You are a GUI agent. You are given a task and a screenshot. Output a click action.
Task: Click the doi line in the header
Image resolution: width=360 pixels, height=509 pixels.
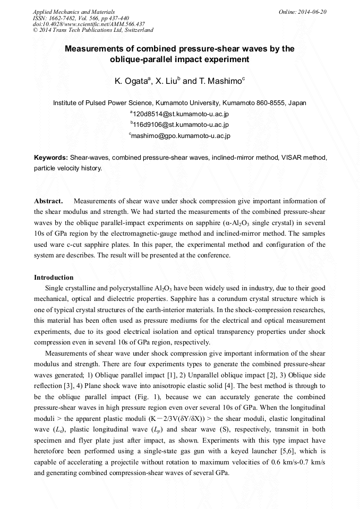coord(89,24)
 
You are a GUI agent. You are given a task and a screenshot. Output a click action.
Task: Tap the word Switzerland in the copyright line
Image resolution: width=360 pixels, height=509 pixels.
coord(135,31)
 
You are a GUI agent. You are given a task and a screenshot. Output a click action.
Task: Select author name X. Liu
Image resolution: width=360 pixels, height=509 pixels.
coord(168,81)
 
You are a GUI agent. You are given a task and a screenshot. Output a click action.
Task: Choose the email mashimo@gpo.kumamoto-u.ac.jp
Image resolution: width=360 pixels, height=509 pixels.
coord(181,136)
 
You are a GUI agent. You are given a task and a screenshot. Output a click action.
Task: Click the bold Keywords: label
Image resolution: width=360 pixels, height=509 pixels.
coord(51,158)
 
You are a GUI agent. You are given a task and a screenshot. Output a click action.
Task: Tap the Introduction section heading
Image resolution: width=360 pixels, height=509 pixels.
coord(54,277)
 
